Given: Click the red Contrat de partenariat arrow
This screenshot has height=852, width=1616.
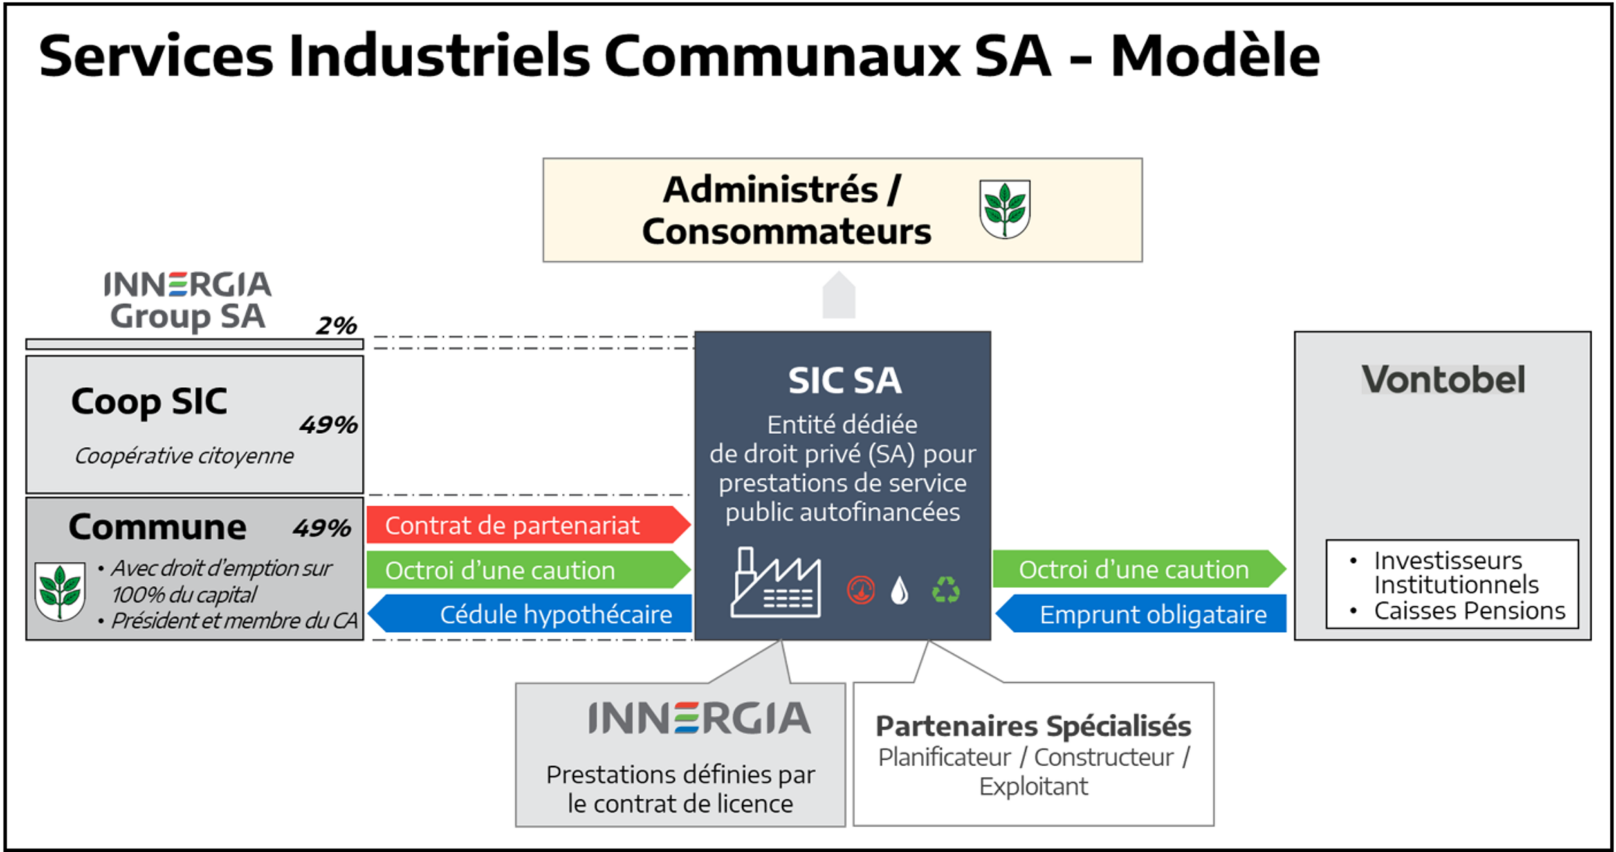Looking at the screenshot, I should (527, 524).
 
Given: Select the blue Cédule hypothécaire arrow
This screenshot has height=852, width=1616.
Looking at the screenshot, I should (530, 614).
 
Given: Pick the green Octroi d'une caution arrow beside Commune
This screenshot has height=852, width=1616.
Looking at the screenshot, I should (527, 570).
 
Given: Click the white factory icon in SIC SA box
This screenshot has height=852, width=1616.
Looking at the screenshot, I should (776, 584).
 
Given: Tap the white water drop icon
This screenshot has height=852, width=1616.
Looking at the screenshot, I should (900, 591).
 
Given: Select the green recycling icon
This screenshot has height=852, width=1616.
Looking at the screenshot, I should (946, 590).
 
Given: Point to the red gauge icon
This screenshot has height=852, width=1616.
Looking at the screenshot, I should (860, 591).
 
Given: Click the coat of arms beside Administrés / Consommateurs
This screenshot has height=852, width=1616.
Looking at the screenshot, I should (1004, 209).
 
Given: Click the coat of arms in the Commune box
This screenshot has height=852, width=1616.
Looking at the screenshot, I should (60, 591).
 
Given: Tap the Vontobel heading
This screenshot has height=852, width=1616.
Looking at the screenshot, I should (1443, 380).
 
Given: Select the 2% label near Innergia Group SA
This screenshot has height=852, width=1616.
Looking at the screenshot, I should (336, 326).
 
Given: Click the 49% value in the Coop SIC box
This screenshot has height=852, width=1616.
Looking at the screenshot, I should (328, 425).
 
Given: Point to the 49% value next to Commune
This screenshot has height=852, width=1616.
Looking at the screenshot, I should (321, 528).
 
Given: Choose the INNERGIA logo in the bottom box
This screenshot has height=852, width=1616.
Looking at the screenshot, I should (699, 718).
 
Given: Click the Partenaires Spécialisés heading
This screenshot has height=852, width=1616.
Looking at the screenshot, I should (1033, 726).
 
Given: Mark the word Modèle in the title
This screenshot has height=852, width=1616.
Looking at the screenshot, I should (1215, 57).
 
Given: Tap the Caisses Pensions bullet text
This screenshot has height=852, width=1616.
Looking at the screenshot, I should (1470, 611).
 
